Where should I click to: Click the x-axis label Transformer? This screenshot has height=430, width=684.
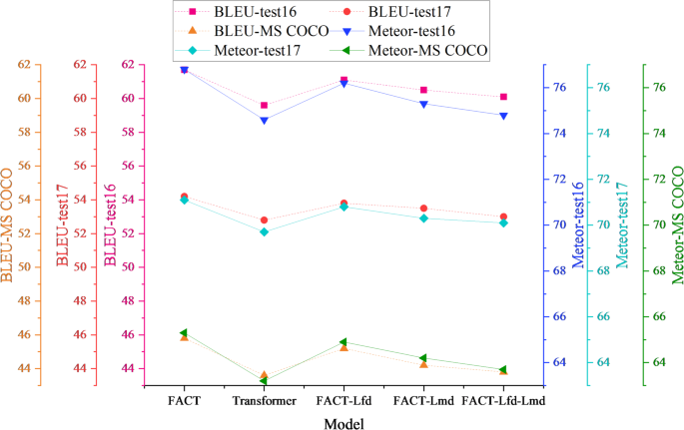coord(264,401)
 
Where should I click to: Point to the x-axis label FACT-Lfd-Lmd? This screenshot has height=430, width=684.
coord(503,401)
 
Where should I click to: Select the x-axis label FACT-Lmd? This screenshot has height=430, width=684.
coord(423,401)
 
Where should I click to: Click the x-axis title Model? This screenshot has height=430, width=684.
coord(343,422)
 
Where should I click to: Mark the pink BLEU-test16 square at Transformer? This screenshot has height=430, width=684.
coord(264,105)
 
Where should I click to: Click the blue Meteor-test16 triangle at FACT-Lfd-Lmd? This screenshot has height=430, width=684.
coord(503,116)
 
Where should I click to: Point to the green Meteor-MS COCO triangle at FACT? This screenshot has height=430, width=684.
coord(184,332)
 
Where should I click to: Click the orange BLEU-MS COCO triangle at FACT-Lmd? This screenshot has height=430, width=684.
coord(423,364)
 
